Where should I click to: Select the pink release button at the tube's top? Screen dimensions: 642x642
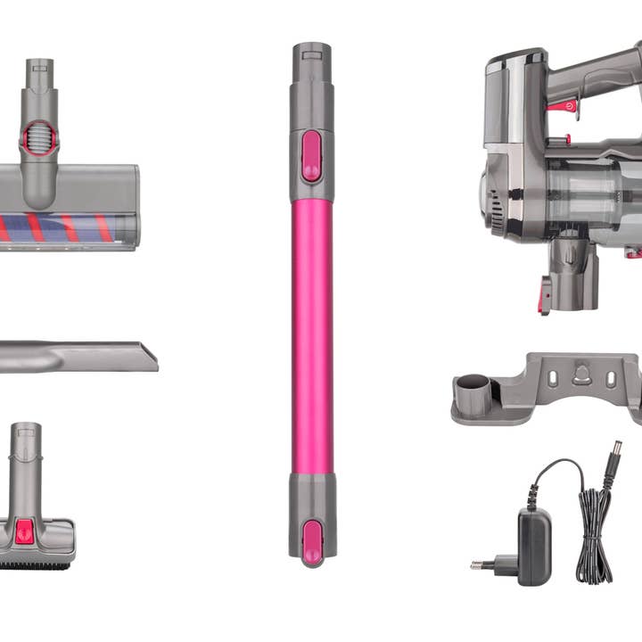point(312,156)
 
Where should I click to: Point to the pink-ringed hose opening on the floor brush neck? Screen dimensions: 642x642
point(39,137)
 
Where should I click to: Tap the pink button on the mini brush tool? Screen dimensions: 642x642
point(25,531)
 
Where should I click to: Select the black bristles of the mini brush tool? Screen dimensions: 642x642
point(36,564)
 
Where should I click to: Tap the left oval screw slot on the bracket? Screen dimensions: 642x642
point(552,378)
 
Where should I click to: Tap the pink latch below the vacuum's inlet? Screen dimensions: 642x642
point(544,294)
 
